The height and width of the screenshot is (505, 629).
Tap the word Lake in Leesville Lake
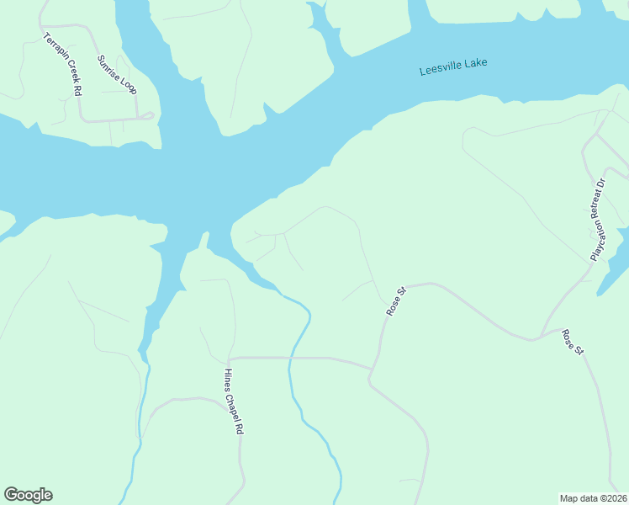pos(476,62)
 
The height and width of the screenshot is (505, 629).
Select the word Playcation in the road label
pos(595,239)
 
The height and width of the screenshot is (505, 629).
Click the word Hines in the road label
pos(228,378)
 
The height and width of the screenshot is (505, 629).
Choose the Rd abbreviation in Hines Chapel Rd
pos(240,427)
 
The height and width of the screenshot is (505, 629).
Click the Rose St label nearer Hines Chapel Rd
pos(396,301)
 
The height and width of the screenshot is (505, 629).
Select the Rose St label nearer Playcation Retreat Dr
pos(573,341)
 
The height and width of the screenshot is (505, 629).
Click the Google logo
pos(29,495)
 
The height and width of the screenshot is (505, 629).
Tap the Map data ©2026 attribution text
pos(593,498)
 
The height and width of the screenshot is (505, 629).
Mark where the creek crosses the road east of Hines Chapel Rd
pos(289,358)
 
